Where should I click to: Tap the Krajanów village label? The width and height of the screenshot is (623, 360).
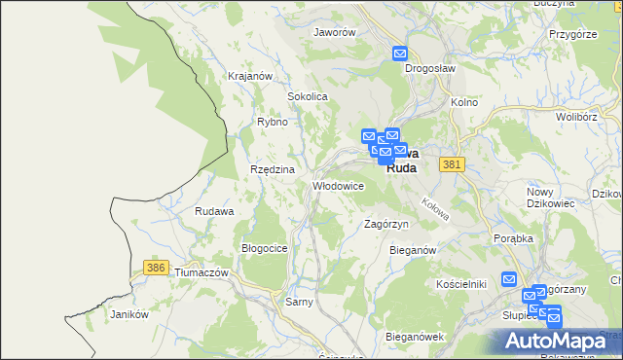(248, 75)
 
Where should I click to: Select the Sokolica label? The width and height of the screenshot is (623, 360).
(307, 97)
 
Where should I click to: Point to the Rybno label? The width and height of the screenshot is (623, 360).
(272, 122)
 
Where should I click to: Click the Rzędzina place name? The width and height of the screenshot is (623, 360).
(272, 168)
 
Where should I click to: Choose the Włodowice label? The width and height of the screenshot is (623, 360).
(337, 185)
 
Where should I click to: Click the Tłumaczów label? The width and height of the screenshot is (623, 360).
(201, 273)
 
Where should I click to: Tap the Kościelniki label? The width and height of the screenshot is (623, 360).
(460, 283)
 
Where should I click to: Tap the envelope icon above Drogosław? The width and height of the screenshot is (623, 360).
(399, 54)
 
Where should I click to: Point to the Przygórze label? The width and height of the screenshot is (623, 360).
(571, 33)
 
